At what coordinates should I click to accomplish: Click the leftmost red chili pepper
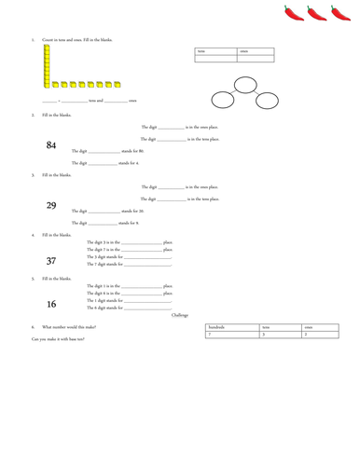tap(294, 13)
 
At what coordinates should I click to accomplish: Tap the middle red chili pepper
tap(317, 13)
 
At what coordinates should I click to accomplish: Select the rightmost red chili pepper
tap(341, 13)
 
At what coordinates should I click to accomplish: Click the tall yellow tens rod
tap(46, 64)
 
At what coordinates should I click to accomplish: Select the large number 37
tap(50, 261)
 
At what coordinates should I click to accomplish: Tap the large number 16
tap(50, 304)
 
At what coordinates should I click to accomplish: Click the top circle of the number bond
tap(244, 85)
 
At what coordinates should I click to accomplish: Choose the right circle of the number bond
tap(265, 100)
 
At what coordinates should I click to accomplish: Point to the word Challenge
tap(180, 315)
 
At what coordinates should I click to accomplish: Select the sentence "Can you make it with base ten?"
tap(58, 339)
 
